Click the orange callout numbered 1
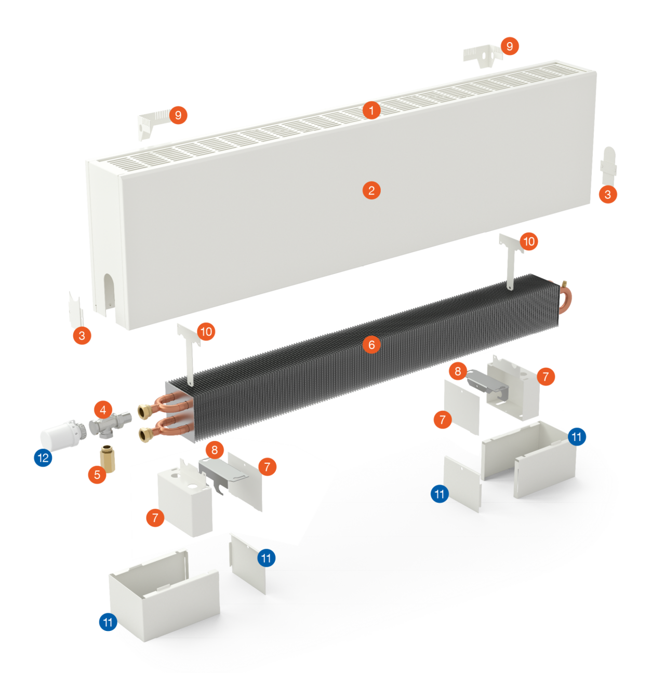click(371, 111)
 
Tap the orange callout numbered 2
click(371, 191)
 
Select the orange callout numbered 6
click(371, 345)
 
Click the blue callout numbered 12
click(43, 457)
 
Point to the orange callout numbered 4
click(103, 410)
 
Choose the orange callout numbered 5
click(97, 475)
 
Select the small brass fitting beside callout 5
click(108, 459)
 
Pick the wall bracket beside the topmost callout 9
click(483, 56)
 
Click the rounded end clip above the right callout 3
click(608, 166)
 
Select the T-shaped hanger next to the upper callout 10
click(511, 263)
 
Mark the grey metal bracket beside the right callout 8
click(488, 384)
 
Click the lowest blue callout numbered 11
click(108, 622)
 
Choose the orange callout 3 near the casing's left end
click(82, 335)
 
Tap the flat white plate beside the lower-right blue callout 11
click(462, 483)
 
